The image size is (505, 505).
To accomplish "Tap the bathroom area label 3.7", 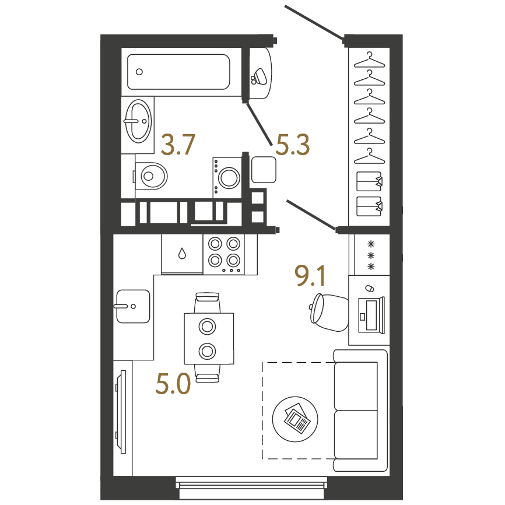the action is (178, 145).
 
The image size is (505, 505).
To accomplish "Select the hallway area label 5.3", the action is (292, 145).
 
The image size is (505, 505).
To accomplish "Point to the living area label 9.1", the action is (310, 276).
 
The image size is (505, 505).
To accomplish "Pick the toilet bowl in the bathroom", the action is (150, 176).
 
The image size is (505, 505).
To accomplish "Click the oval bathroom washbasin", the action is (138, 121).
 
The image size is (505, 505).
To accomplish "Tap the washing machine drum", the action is (229, 177).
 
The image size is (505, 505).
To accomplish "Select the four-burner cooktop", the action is (224, 254).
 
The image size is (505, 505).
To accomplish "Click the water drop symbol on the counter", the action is (183, 254).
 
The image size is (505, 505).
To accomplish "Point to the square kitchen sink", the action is (133, 306).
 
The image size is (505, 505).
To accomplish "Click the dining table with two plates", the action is (209, 338).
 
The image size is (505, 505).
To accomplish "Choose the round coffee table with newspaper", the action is (295, 419).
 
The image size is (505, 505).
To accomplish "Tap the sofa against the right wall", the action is (360, 411).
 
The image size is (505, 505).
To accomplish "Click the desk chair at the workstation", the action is (329, 313).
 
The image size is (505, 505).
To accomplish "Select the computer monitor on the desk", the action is (371, 315).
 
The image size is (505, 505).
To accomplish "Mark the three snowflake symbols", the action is (371, 255).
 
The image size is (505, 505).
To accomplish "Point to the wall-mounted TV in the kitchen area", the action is (121, 412).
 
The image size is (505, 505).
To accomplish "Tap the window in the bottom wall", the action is (251, 488).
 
